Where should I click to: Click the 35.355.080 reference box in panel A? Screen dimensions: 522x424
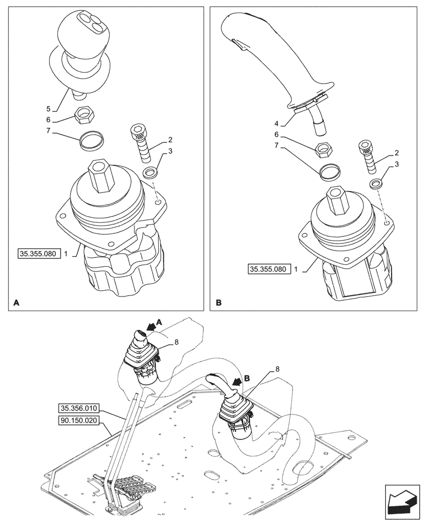click(x=40, y=254)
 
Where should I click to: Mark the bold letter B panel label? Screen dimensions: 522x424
click(x=218, y=303)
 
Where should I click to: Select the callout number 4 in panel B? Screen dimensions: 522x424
click(x=276, y=124)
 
